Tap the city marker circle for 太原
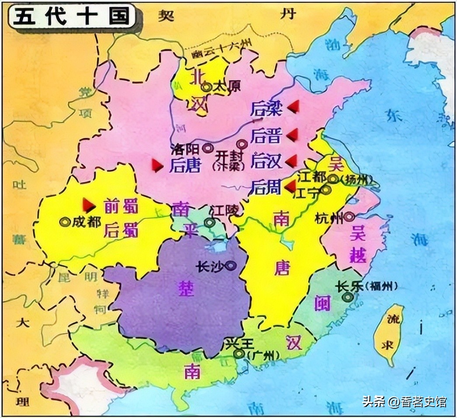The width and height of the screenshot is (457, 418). click(x=207, y=87)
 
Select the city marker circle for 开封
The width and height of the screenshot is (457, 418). click(x=241, y=143)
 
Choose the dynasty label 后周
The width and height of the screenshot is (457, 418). click(x=266, y=187)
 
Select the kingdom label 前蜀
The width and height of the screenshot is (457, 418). click(x=121, y=205)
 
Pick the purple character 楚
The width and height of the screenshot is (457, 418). click(x=186, y=289)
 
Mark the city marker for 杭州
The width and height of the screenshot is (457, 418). click(x=349, y=216)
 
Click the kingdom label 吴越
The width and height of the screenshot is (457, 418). click(x=357, y=246)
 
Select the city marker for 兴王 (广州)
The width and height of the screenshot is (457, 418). click(x=239, y=354)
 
